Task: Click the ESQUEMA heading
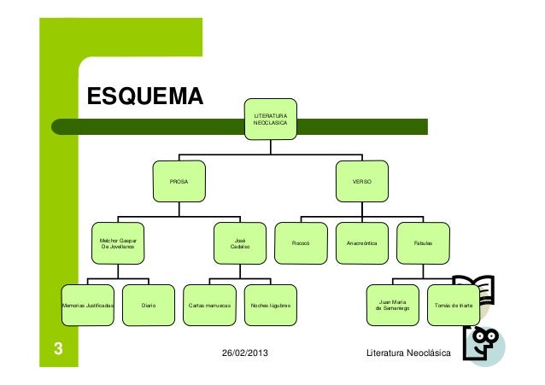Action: tap(144, 97)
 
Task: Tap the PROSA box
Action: tap(179, 183)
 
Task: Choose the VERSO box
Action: tap(362, 183)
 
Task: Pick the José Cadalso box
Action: tap(240, 243)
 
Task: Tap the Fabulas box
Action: tap(423, 243)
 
